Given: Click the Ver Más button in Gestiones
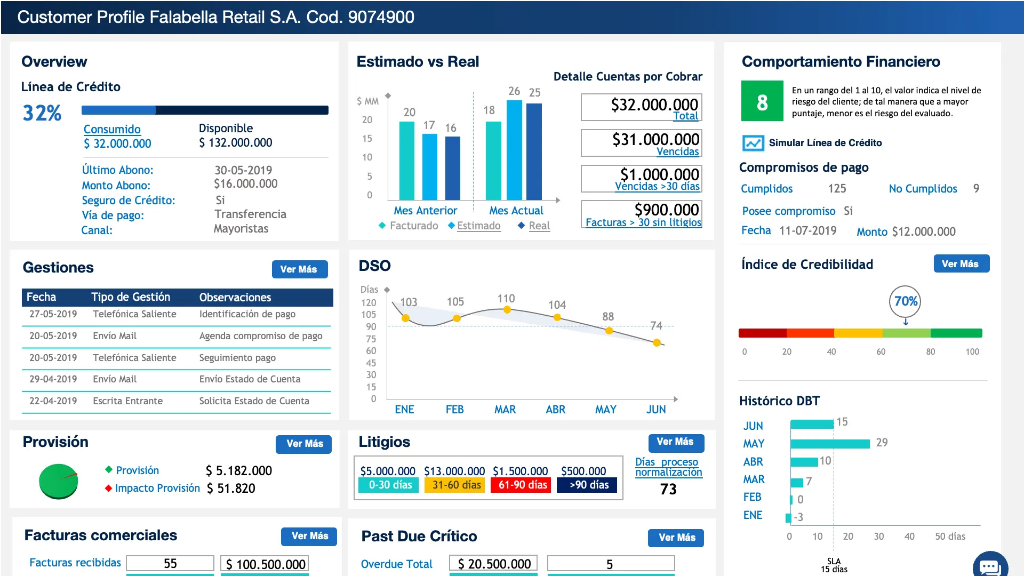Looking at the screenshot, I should [299, 269].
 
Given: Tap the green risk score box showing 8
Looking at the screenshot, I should [762, 101].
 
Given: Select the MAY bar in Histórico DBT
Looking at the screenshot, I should [830, 444].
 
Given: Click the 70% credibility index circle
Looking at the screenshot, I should [905, 301].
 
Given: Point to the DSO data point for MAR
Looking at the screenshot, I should [507, 310].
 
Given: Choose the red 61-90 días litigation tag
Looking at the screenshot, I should [522, 485].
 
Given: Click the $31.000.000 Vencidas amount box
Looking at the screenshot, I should [641, 143].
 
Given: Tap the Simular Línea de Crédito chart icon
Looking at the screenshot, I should [753, 143].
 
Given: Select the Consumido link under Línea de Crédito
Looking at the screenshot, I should [112, 129].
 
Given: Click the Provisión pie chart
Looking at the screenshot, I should [59, 481].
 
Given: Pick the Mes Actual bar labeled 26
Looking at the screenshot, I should [514, 149].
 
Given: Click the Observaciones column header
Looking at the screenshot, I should [235, 297].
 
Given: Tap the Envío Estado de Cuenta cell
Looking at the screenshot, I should [250, 379].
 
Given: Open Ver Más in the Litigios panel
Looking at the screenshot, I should [675, 442].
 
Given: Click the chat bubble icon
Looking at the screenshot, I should [990, 566].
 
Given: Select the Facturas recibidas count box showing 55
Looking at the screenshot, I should [170, 564].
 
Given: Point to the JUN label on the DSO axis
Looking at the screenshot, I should [656, 410].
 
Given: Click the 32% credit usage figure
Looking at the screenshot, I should [42, 113].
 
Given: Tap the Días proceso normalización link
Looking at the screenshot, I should [668, 467].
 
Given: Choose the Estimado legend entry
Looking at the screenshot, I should [478, 226].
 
